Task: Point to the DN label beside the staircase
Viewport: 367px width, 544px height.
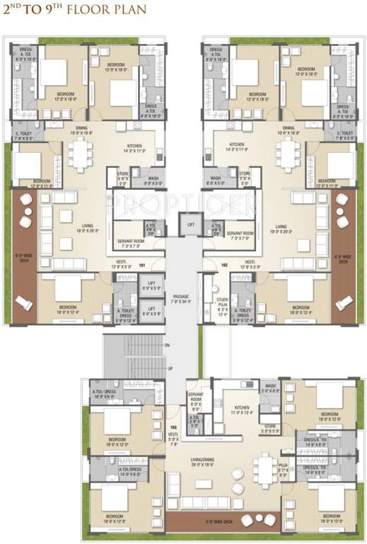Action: point(168,345)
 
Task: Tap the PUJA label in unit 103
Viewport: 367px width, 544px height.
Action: point(283,470)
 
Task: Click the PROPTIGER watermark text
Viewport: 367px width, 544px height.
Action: point(182,205)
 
